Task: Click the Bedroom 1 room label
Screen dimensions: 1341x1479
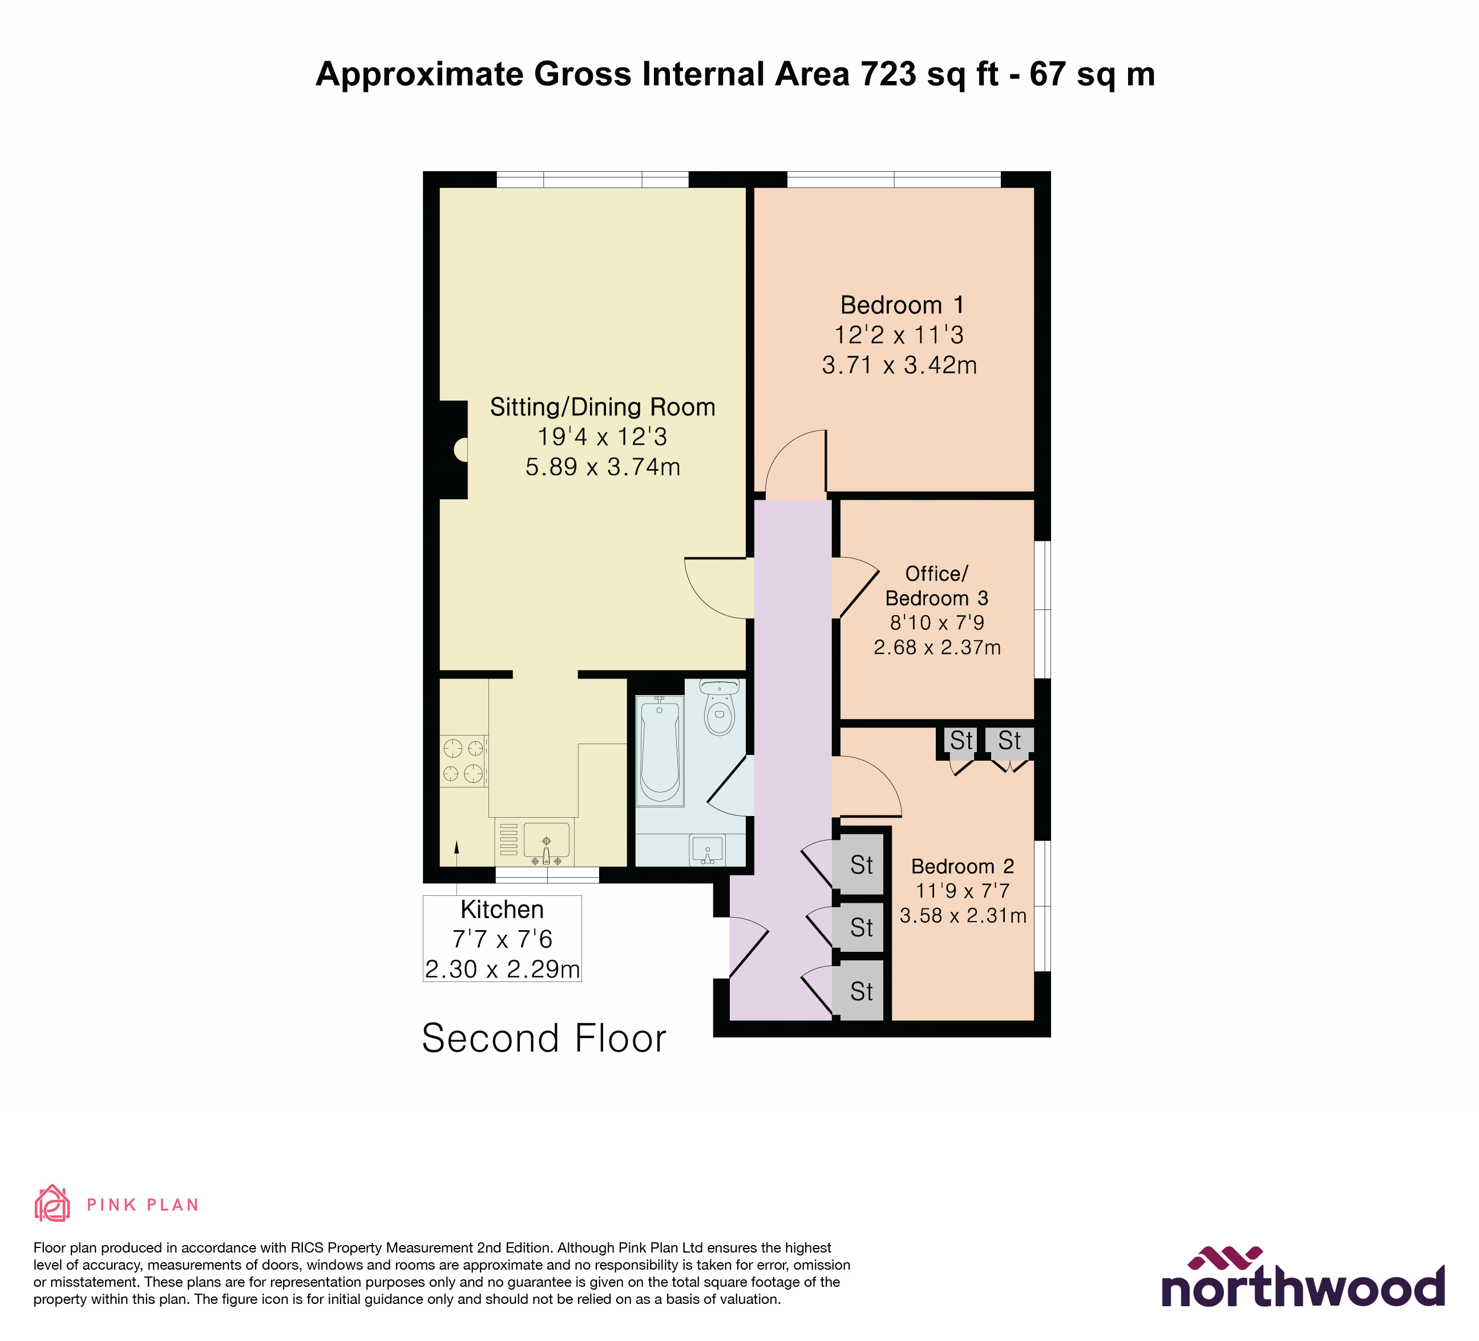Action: pos(902,305)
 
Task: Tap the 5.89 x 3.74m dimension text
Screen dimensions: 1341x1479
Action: pos(603,467)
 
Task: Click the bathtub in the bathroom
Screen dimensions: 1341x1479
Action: pos(660,751)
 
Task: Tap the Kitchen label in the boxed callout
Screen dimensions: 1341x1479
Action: pos(502,910)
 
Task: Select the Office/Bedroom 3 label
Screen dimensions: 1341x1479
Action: pos(936,585)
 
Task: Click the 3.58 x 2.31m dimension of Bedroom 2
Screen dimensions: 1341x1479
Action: pos(963,915)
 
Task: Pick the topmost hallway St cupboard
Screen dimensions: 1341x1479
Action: pos(861,865)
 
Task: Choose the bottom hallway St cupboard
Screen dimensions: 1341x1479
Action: pos(861,991)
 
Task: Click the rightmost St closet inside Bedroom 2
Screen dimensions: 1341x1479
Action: pos(1009,741)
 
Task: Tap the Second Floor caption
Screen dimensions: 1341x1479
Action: pos(544,1038)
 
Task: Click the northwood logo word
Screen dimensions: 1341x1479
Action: pos(1302,1290)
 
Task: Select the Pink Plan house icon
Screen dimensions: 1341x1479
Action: pos(52,1204)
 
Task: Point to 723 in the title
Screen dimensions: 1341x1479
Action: pos(888,74)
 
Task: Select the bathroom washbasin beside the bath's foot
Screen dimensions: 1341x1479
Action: pos(707,850)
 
